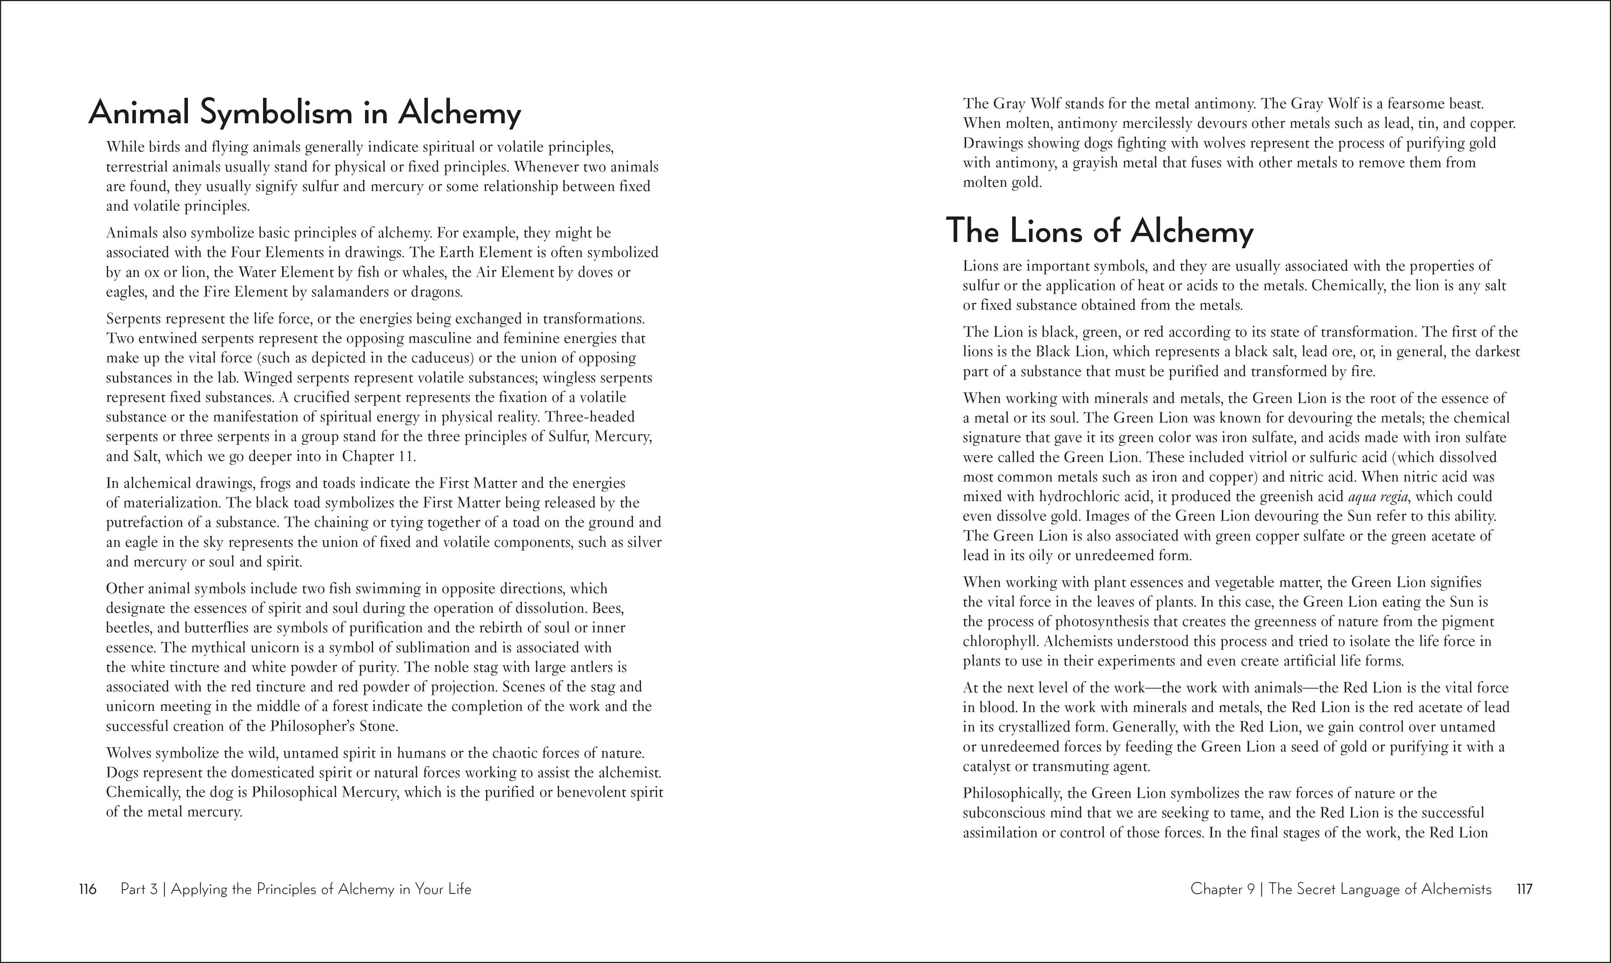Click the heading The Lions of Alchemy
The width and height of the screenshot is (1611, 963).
(x=1100, y=232)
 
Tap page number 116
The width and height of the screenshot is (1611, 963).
(x=88, y=889)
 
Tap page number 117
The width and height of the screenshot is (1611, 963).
(x=1524, y=889)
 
